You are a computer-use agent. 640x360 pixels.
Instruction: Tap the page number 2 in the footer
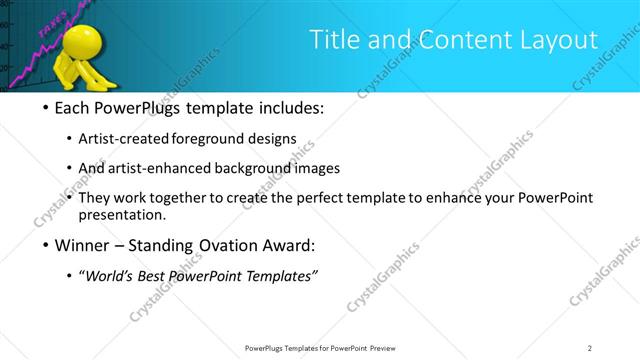click(590, 348)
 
